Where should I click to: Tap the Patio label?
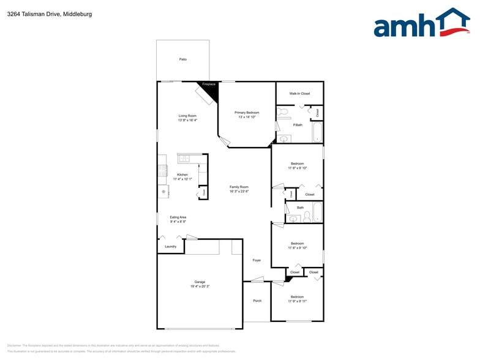pyautogui.click(x=182, y=59)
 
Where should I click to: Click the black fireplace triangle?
pyautogui.click(x=211, y=91)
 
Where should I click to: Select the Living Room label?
pyautogui.click(x=187, y=116)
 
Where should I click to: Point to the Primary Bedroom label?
pyautogui.click(x=247, y=113)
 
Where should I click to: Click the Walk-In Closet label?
pyautogui.click(x=299, y=94)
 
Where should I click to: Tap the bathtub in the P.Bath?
pyautogui.click(x=317, y=132)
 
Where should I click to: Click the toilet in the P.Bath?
pyautogui.click(x=282, y=112)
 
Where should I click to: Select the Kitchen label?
pyautogui.click(x=182, y=174)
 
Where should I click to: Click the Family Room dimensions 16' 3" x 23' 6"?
pyautogui.click(x=239, y=192)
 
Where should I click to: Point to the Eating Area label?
pyautogui.click(x=178, y=217)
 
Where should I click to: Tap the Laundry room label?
pyautogui.click(x=170, y=247)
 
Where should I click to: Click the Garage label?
pyautogui.click(x=200, y=282)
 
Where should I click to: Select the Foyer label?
pyautogui.click(x=257, y=260)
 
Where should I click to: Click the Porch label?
pyautogui.click(x=257, y=301)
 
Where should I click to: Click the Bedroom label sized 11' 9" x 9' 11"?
pyautogui.click(x=297, y=297)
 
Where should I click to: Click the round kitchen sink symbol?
pyautogui.click(x=163, y=192)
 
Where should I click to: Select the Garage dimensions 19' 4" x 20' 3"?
pyautogui.click(x=200, y=287)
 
